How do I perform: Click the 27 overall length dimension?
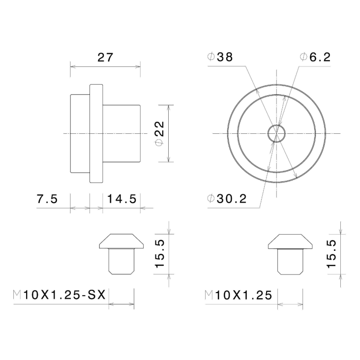click(x=105, y=57)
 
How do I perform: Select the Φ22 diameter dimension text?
click(x=159, y=133)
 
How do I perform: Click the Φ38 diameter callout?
click(x=220, y=57)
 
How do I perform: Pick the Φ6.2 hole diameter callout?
click(x=314, y=57)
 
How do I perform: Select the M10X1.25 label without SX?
click(x=238, y=295)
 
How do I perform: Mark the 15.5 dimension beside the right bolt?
click(x=331, y=254)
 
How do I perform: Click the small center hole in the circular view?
click(x=276, y=133)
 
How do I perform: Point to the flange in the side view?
click(x=96, y=133)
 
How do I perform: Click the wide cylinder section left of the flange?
click(x=80, y=133)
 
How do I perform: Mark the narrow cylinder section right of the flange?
click(x=121, y=133)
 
